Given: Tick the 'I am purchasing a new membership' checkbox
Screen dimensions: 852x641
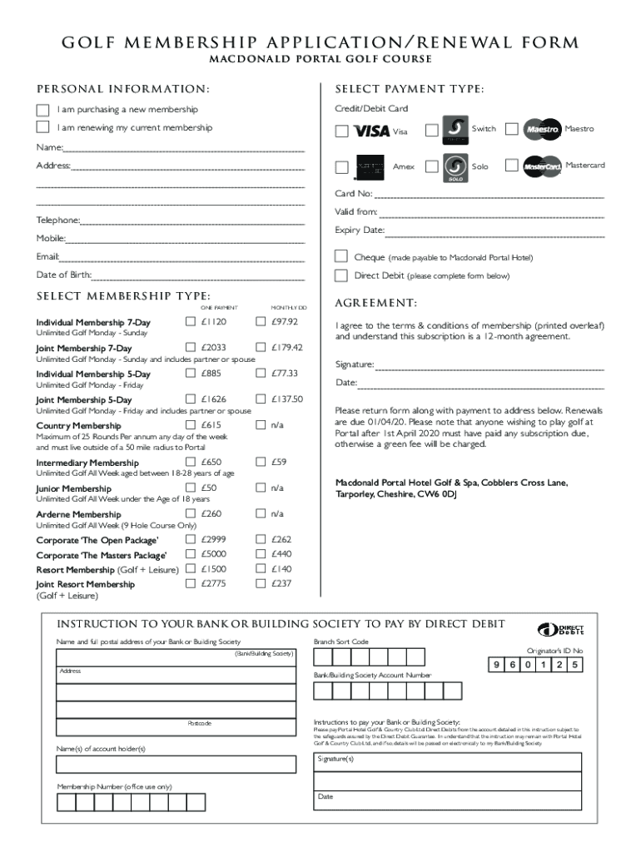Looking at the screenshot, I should pos(42,110).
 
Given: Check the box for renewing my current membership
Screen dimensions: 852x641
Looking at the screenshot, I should pos(42,127).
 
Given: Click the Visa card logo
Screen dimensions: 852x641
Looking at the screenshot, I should pos(371,131).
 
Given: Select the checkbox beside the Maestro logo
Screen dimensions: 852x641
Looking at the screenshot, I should pos(511,129).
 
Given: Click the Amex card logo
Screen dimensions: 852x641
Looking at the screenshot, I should pos(369,167).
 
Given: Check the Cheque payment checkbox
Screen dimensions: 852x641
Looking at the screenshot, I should pos(340,256).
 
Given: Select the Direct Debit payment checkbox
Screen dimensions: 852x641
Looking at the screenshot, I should pos(340,275).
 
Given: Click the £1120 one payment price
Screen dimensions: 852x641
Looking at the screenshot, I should pos(213,322).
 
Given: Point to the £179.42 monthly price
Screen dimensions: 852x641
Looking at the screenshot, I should pos(286,348).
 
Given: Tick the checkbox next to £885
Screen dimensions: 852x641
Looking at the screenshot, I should pos(190,374).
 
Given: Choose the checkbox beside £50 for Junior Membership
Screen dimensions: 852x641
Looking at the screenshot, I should pos(190,488).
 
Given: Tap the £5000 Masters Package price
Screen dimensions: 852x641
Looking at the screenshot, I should pos(213,554).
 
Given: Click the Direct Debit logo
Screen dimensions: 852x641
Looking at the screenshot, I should pos(560,629).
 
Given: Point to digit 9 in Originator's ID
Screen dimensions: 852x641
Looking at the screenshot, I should pos(498,665).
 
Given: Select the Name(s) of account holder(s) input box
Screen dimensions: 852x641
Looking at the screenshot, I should pos(176,765).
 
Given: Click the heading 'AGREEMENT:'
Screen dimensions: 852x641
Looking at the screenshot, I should pos(375,303).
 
